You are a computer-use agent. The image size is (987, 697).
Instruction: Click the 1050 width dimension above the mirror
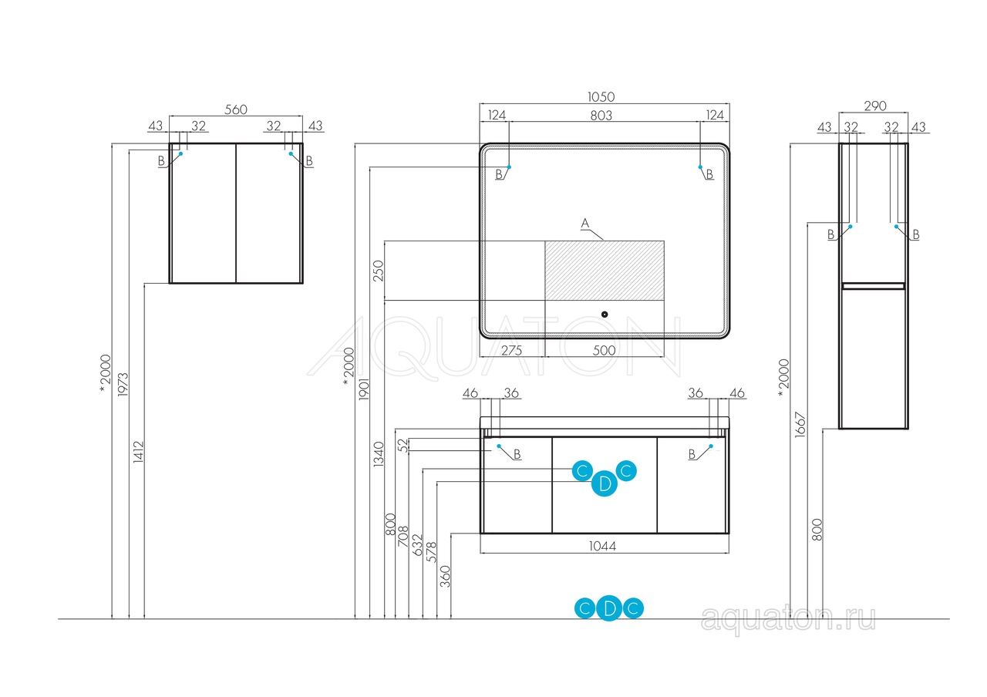coord(601,96)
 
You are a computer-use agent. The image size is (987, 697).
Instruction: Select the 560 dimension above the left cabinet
coord(236,109)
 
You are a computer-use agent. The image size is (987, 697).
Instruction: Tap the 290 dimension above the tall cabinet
coord(875,106)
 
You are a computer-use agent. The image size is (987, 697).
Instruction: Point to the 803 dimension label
coord(601,116)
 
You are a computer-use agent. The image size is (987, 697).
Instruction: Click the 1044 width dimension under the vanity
coord(602,547)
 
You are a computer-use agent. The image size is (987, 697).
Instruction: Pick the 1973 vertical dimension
coord(123,384)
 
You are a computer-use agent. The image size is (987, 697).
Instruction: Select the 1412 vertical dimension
coord(138,452)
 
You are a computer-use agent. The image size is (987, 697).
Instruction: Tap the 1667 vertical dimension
coord(800,425)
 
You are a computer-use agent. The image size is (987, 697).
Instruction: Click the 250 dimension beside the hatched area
coord(379,271)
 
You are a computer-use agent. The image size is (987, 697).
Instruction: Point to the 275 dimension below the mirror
coord(511,351)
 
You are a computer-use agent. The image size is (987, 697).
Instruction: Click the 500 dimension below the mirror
coord(604,351)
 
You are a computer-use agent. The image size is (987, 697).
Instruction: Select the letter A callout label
coord(584,224)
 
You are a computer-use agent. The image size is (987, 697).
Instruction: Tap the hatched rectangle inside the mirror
coord(605,271)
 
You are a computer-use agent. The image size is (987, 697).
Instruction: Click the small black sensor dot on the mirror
coord(605,314)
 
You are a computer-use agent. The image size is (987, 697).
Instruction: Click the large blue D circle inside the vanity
coord(604,483)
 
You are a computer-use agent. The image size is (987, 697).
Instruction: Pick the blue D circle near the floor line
coord(609,608)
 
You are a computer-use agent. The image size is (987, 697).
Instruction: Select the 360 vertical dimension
coord(446,576)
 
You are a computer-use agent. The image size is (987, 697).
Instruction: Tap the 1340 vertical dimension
coord(379,454)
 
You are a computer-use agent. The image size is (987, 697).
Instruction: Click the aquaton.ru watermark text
coord(788,618)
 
